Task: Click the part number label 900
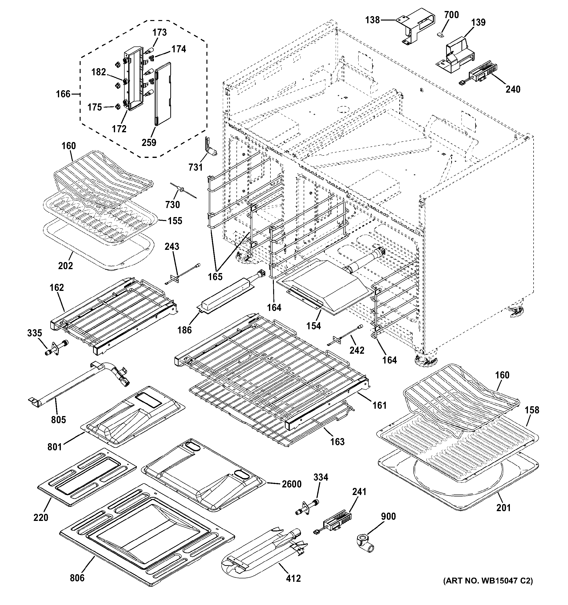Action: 388,517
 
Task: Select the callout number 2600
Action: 291,484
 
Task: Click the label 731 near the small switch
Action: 195,167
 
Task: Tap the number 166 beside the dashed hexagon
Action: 63,94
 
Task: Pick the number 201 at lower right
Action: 503,508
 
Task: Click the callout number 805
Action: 58,420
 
